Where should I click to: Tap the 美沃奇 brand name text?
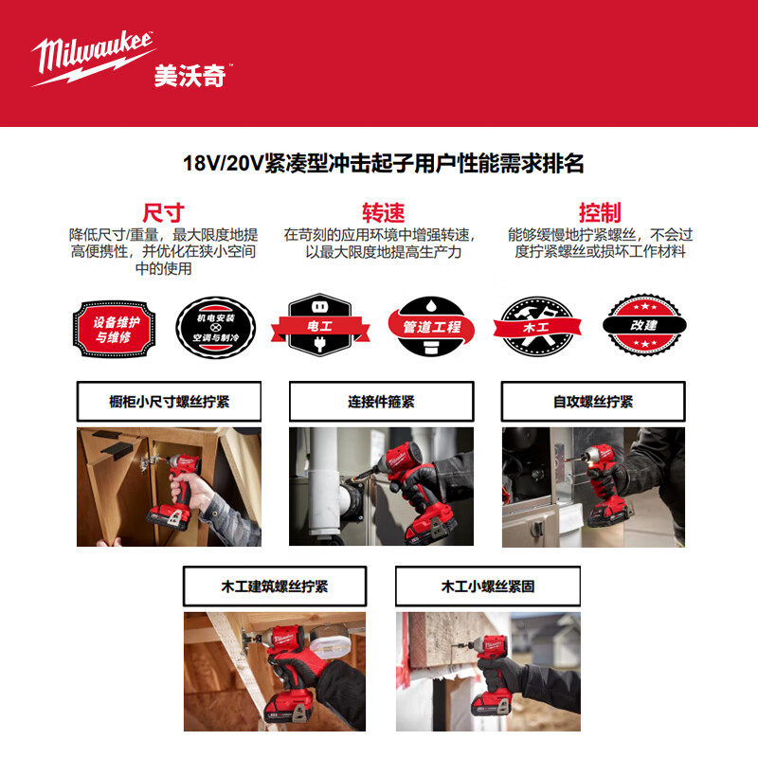click(x=189, y=76)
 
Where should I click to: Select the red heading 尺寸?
click(x=163, y=211)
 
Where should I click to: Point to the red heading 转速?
click(x=380, y=211)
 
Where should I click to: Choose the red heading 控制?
click(x=599, y=211)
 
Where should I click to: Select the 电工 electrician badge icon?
click(x=320, y=325)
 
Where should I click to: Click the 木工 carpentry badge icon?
click(x=537, y=325)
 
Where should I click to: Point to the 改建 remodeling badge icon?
click(x=644, y=324)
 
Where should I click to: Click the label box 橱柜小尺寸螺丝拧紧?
click(x=169, y=402)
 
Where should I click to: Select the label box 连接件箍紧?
click(x=381, y=402)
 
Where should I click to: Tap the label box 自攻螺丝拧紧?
click(x=593, y=402)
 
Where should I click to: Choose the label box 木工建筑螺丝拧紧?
click(x=275, y=587)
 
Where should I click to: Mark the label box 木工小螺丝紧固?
click(x=487, y=587)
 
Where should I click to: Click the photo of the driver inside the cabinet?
click(x=169, y=486)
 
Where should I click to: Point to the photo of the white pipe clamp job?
click(x=381, y=486)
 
